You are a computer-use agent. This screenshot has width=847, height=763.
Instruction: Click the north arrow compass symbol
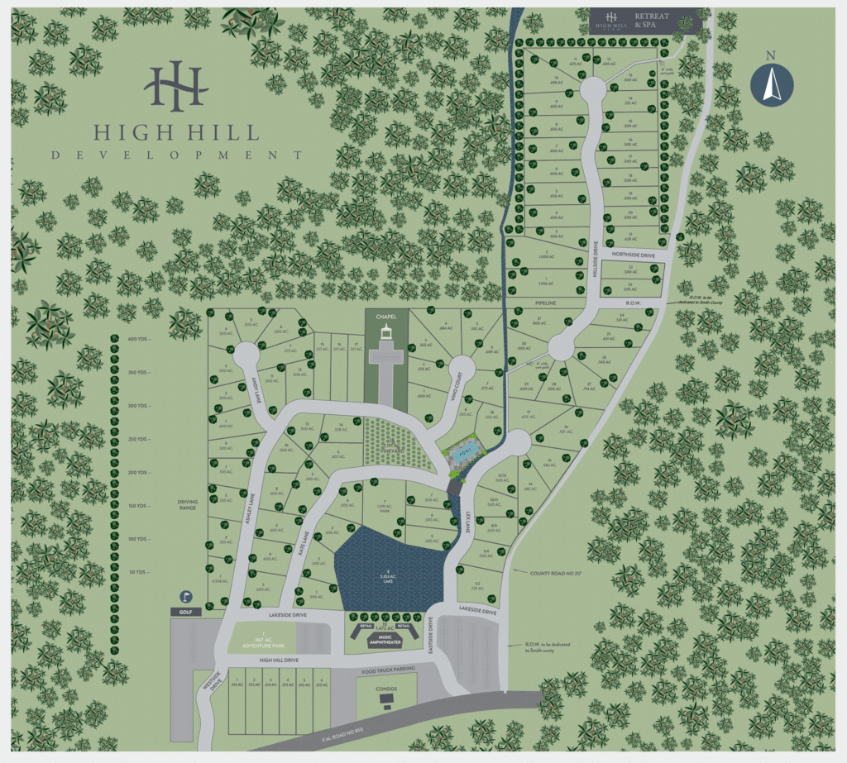click(771, 84)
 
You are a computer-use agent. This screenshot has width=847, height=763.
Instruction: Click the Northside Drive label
click(633, 255)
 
